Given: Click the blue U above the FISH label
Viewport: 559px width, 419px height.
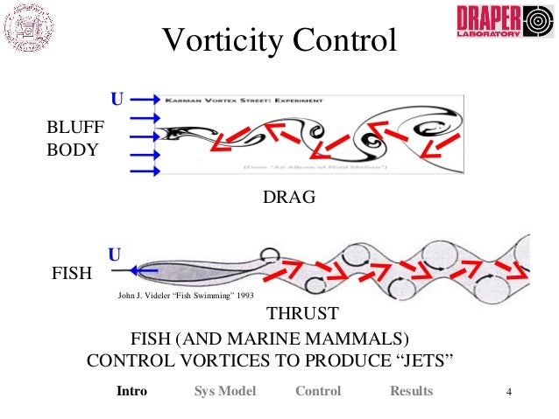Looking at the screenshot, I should coord(114,255).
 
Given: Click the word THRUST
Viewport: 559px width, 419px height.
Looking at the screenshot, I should coord(302,314).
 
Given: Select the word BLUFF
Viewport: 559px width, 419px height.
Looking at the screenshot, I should coord(75,129).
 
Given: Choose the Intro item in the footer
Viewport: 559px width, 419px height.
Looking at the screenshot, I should coord(131,391).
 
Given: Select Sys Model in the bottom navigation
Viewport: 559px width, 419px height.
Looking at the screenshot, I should coord(224,391).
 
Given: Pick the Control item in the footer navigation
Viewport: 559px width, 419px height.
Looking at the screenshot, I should coord(318,391).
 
